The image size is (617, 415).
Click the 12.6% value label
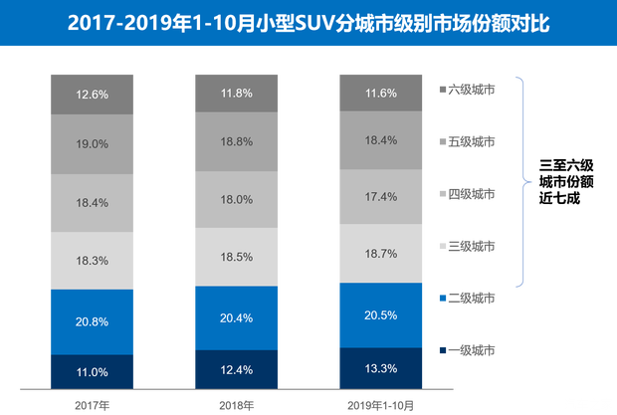(91, 95)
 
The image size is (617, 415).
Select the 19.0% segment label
(91, 143)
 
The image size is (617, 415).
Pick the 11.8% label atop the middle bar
(235, 93)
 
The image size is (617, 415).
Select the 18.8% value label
(235, 141)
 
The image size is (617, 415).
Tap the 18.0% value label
(235, 199)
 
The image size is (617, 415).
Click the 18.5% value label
(235, 257)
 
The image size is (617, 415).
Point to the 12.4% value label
(235, 370)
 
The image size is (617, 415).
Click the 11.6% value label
(381, 93)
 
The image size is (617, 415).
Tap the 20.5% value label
(381, 315)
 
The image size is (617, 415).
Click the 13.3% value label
(381, 368)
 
